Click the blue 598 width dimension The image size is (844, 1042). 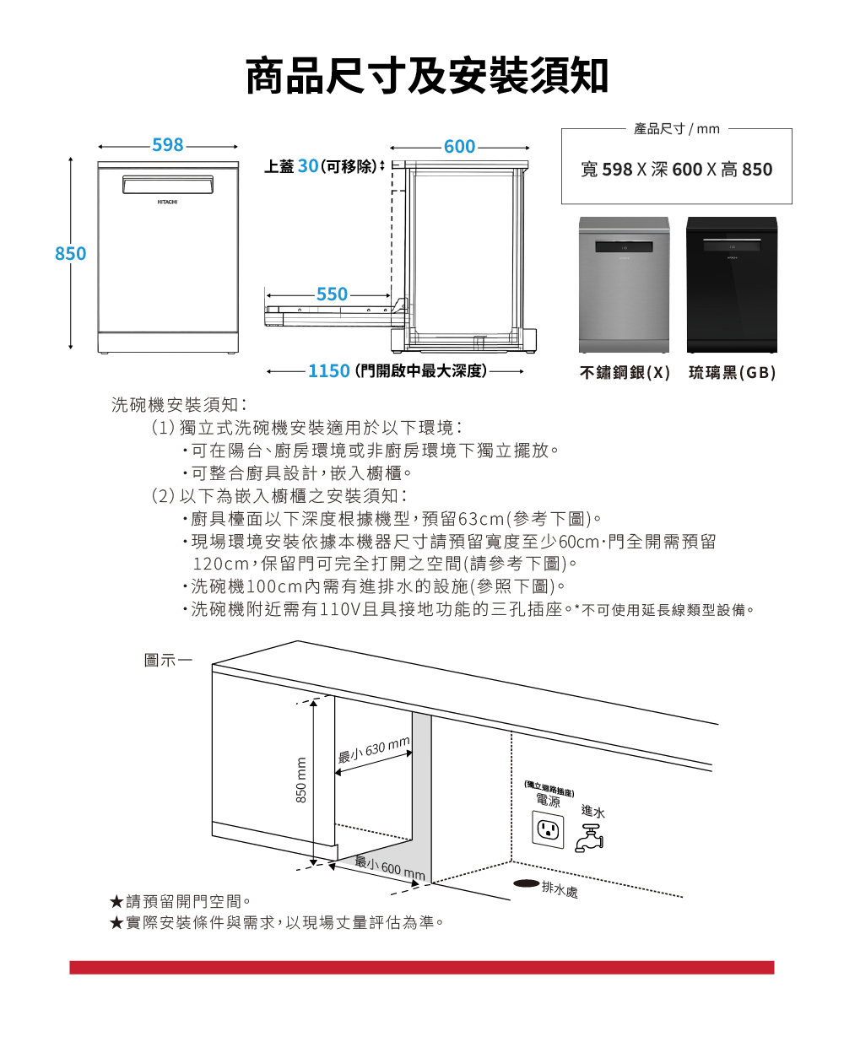tap(167, 145)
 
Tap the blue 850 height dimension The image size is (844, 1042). tap(70, 253)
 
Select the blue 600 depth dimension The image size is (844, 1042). tap(459, 146)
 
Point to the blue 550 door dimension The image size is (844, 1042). tap(332, 294)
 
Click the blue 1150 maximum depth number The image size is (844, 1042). tap(329, 370)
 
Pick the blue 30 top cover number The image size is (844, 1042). tap(308, 166)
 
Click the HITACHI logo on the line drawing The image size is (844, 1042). tap(167, 202)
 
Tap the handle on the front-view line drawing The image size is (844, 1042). tap(168, 185)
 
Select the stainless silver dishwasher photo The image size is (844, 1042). tap(624, 284)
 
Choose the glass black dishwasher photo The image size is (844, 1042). tap(732, 284)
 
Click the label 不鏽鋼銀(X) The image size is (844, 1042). tap(625, 373)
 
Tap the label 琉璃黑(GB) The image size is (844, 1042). tap(732, 373)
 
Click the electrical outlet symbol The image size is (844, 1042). tap(548, 829)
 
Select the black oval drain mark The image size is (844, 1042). tap(526, 883)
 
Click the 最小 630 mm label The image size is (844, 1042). tap(374, 749)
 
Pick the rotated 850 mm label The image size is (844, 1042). tap(301, 780)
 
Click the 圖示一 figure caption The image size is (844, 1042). tap(168, 661)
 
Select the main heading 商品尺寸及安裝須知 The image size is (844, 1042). tap(427, 75)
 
